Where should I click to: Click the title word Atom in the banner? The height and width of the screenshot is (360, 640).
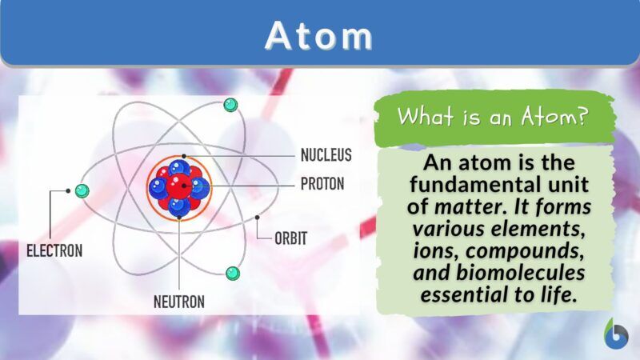319,36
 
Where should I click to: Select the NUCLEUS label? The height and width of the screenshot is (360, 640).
326,154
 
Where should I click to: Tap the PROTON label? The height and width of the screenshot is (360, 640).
322,184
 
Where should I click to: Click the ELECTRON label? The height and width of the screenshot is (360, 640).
54,250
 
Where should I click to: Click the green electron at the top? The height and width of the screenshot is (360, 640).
230,104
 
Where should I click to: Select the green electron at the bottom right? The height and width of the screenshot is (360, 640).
232,273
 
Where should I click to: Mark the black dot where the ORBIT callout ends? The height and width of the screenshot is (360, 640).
257,217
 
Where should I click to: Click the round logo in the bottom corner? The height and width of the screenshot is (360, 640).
616,334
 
